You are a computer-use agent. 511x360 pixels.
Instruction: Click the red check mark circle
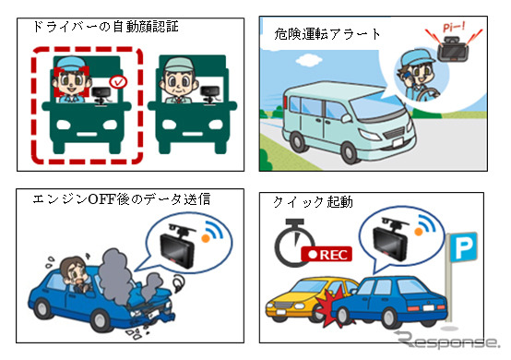[x=118, y=82]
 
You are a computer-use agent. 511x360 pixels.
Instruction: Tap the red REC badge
[x=327, y=254]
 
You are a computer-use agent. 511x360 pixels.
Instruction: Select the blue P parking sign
[x=463, y=247]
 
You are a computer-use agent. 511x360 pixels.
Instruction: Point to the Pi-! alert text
[x=454, y=27]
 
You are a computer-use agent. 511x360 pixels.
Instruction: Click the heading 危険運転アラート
[x=327, y=34]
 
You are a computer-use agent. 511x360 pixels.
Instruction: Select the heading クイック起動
[x=313, y=202]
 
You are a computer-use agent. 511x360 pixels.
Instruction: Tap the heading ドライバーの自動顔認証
[x=105, y=27]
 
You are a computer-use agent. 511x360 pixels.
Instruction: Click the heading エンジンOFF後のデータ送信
[x=121, y=198]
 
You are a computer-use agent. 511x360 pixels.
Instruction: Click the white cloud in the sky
[x=308, y=60]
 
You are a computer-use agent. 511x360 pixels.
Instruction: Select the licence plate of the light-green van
[x=397, y=141]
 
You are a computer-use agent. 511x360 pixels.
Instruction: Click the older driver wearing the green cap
[x=178, y=80]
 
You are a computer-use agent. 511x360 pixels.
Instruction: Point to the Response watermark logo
[x=447, y=341]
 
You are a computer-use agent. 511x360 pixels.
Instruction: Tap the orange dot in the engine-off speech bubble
[x=206, y=238]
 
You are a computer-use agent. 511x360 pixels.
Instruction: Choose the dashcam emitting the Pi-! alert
[x=452, y=49]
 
